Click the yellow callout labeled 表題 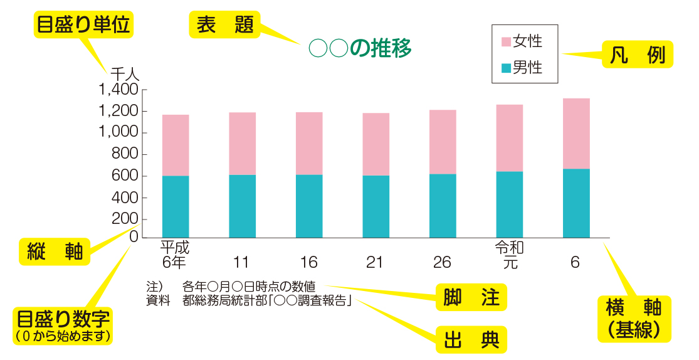[x=224, y=24]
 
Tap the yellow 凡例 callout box [x=637, y=55]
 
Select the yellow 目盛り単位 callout [x=83, y=25]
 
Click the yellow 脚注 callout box [x=471, y=298]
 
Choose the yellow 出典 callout [x=471, y=339]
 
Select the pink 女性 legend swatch [x=506, y=43]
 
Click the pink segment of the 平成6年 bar [x=176, y=145]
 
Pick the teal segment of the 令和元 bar [x=510, y=204]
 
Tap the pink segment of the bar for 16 [x=309, y=143]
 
